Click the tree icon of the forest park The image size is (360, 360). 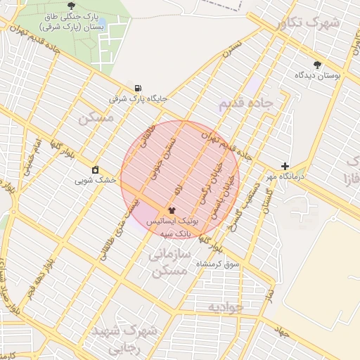[69, 6]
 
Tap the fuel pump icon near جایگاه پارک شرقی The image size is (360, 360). [138, 89]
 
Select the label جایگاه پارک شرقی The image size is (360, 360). [139, 99]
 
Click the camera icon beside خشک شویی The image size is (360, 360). [95, 169]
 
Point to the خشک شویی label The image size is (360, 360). [96, 181]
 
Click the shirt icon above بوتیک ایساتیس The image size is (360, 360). [171, 210]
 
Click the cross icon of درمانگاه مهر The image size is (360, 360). [285, 167]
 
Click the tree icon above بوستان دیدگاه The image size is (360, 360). [318, 63]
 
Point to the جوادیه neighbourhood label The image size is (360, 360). [226, 307]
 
